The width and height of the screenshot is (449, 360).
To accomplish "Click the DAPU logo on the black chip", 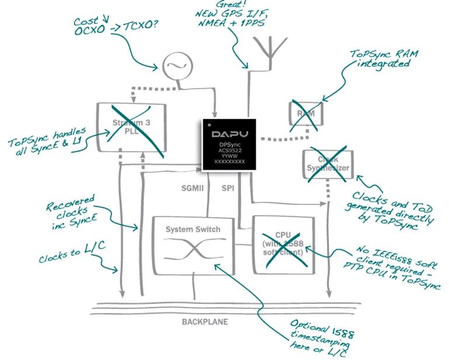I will (231, 133).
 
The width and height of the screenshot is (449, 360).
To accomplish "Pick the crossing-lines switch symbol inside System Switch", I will (193, 252).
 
